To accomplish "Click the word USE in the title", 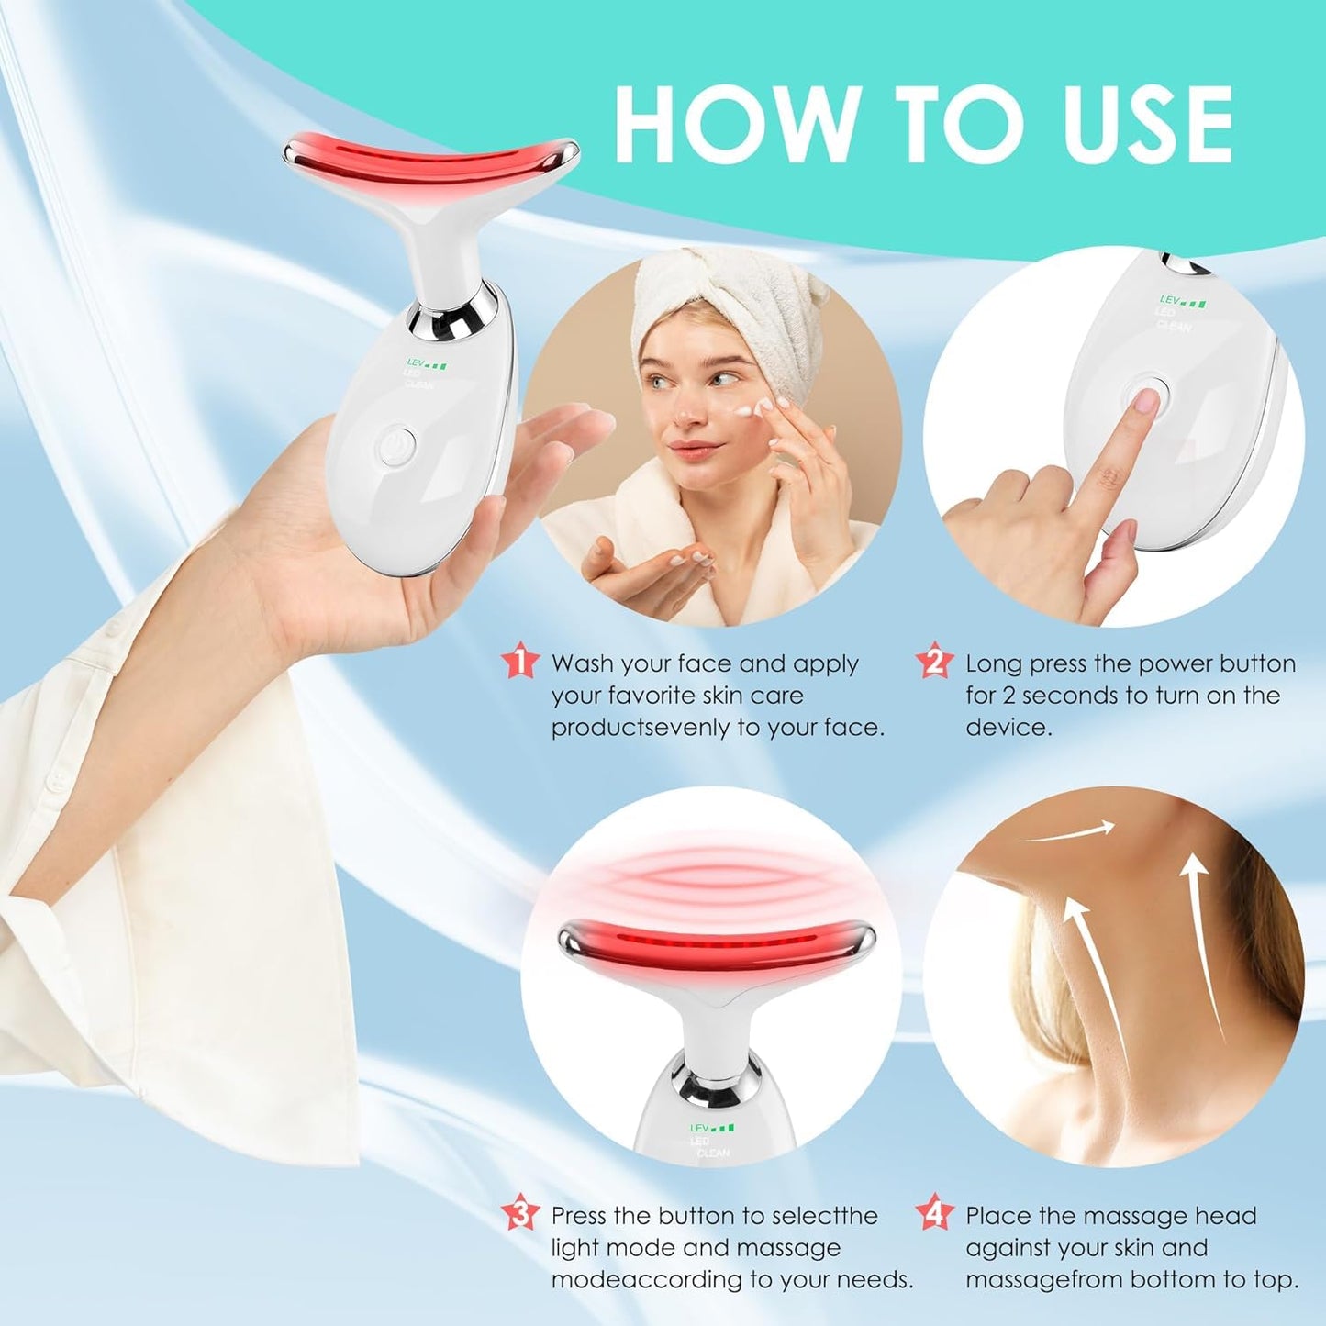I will click(x=1146, y=125).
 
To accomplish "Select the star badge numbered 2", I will click(x=935, y=662).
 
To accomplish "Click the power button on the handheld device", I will click(x=396, y=444).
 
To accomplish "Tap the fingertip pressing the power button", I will click(x=1144, y=401).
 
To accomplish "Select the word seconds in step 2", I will click(x=1085, y=696).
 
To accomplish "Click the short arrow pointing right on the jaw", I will click(x=1069, y=831).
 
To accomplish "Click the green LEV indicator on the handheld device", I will click(x=425, y=364).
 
